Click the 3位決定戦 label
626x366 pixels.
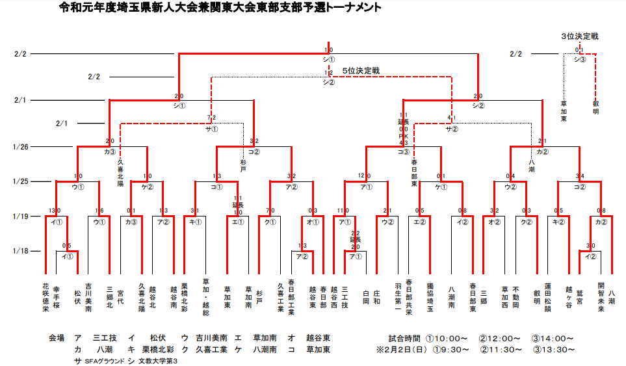tap(579, 36)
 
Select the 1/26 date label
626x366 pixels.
tap(21, 147)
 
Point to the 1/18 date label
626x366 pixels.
tap(21, 250)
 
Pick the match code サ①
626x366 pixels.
tap(212, 129)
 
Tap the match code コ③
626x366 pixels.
tap(403, 152)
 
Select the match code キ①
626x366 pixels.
tap(195, 222)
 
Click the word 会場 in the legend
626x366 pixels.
tap(57, 338)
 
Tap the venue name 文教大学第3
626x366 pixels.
tap(157, 361)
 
